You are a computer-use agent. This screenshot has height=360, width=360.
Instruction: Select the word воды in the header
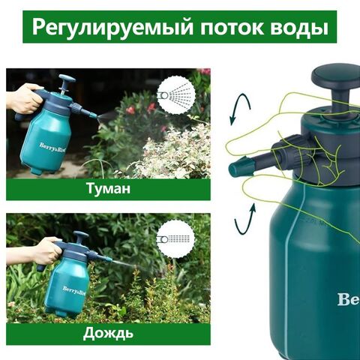(x=297, y=28)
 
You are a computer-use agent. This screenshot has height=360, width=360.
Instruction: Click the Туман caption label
(x=108, y=188)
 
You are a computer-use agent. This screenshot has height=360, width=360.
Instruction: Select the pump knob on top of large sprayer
(x=335, y=78)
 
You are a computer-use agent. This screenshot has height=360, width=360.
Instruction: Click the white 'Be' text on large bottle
(x=347, y=300)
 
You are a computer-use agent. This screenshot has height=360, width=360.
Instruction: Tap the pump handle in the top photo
(x=67, y=79)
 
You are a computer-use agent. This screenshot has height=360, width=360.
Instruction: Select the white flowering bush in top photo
(x=172, y=150)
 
